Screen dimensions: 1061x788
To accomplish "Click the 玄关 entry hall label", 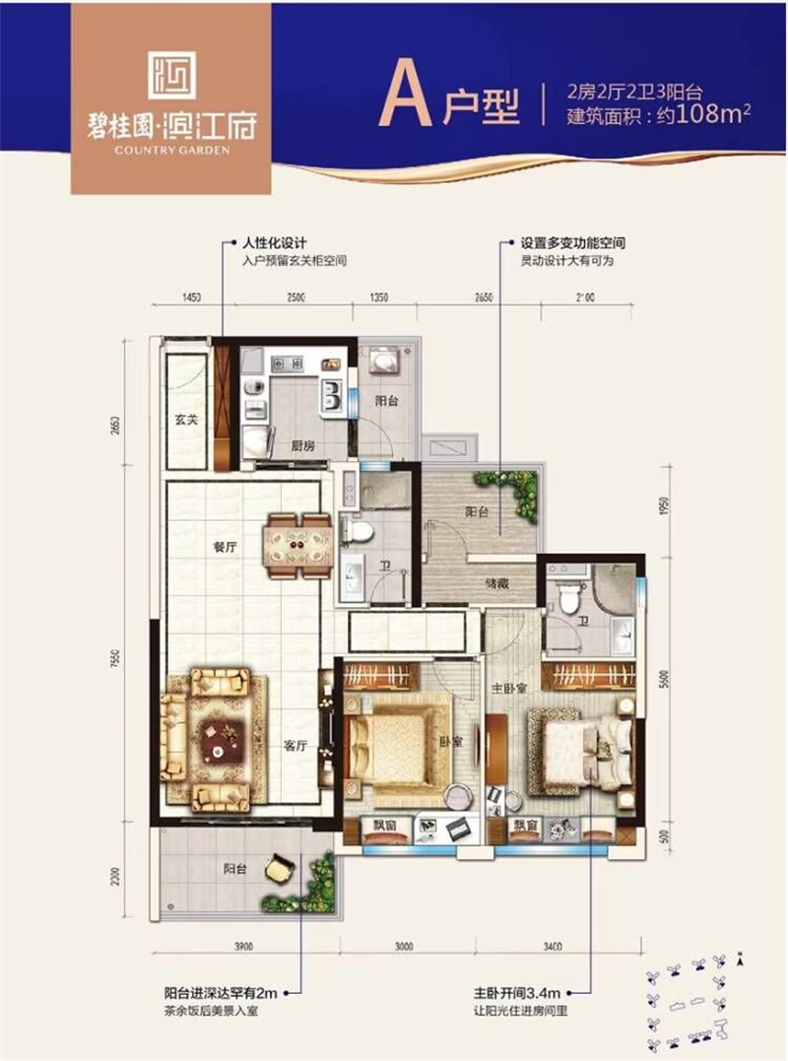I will click(187, 421).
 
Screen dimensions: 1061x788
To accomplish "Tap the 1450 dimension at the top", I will click(191, 297).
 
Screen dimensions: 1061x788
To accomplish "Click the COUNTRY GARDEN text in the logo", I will click(171, 150).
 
